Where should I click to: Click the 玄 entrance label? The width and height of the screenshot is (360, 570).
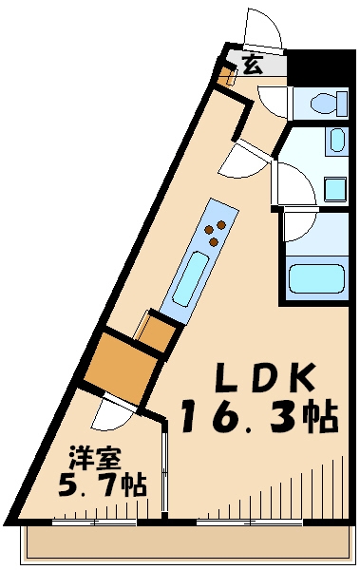(252, 65)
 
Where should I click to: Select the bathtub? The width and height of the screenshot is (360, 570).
(315, 279)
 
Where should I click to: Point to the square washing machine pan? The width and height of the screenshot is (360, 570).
(334, 187)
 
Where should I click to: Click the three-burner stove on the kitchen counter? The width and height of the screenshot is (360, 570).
(217, 232)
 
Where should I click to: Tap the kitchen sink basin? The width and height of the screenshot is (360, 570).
(190, 275)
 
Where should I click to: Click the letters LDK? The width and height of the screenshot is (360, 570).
(261, 377)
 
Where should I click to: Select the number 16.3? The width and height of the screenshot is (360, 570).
(238, 415)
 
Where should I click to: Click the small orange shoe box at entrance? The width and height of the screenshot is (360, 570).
(227, 74)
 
